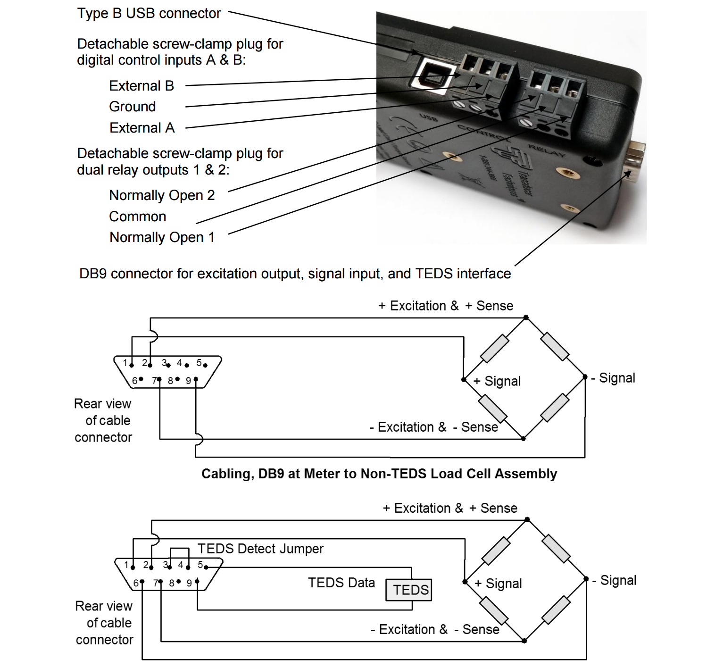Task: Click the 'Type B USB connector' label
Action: tap(149, 13)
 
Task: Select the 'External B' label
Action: tap(141, 86)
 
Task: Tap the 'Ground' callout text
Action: tap(133, 107)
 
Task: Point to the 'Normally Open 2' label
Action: tap(162, 195)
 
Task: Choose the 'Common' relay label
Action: tap(138, 217)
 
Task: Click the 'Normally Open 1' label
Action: tap(162, 237)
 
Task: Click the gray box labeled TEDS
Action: tap(409, 590)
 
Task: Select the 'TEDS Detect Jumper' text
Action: tap(260, 549)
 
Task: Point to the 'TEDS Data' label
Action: tap(341, 583)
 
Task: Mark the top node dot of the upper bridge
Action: tap(526, 317)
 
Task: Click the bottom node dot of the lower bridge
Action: tap(524, 641)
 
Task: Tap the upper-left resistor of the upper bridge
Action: tap(494, 348)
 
